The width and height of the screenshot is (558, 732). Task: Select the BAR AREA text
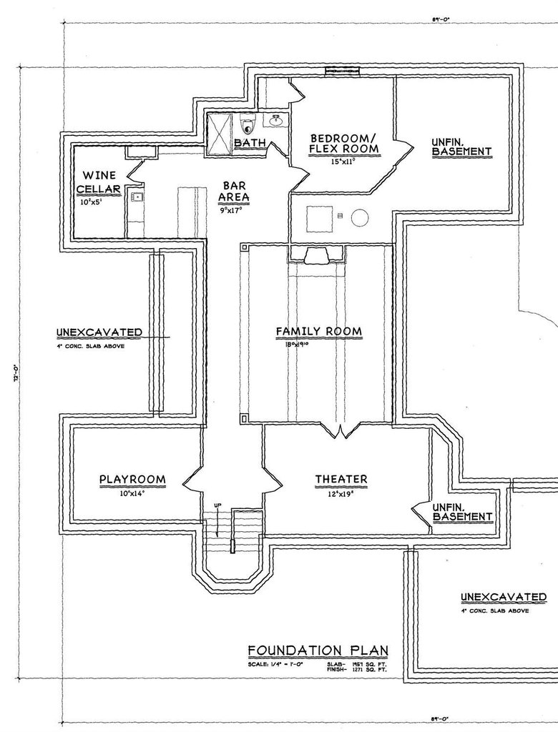(x=235, y=190)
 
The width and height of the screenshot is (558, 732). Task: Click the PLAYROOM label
(x=132, y=479)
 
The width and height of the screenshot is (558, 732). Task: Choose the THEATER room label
(x=341, y=479)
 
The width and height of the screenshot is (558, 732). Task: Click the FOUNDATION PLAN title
(x=318, y=650)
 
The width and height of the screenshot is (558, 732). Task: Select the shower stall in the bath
(x=220, y=134)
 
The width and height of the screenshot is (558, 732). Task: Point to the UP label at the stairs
(x=215, y=506)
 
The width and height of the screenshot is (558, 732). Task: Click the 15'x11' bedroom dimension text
(x=342, y=162)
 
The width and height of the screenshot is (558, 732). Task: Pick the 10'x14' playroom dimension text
(x=132, y=493)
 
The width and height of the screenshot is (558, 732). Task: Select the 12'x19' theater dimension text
(x=341, y=493)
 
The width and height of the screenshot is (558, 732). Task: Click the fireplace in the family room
(x=315, y=255)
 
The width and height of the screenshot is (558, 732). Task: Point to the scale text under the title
(x=278, y=665)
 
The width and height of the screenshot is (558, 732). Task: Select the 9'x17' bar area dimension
(x=231, y=211)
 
